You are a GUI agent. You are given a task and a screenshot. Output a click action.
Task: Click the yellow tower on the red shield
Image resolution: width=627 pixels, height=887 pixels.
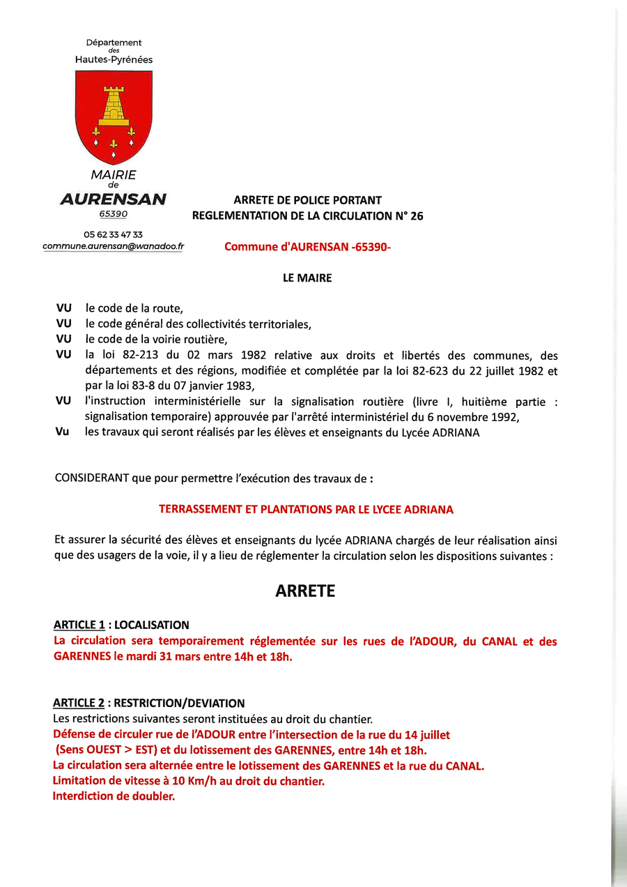click(x=114, y=105)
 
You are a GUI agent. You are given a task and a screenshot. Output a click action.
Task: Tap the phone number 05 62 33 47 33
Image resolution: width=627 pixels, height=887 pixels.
click(x=114, y=235)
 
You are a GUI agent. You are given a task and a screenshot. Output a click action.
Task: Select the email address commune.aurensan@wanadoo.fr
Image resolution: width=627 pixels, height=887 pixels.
click(x=114, y=246)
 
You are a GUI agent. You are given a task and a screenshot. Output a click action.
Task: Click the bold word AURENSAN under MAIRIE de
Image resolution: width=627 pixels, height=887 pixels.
click(x=114, y=199)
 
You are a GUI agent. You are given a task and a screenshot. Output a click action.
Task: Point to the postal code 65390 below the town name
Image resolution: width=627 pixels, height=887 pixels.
click(x=114, y=214)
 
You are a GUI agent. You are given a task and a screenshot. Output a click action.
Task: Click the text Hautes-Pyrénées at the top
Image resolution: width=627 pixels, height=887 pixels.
click(x=114, y=60)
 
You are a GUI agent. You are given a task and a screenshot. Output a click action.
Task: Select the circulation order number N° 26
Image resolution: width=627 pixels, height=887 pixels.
click(x=409, y=216)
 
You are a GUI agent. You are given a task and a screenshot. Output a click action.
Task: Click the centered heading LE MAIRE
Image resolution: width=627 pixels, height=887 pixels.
click(x=307, y=278)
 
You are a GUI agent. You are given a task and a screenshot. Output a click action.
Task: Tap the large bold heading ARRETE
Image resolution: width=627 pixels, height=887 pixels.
click(x=305, y=591)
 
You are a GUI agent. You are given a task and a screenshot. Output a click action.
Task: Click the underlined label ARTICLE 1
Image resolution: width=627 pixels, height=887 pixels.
click(x=79, y=626)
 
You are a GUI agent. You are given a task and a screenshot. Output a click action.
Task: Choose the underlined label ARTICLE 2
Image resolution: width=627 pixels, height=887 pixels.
click(x=79, y=704)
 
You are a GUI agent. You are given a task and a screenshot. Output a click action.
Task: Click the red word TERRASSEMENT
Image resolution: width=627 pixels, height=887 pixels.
click(x=199, y=510)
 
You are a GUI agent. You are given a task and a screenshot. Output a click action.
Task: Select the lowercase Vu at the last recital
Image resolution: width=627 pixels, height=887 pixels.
click(x=63, y=432)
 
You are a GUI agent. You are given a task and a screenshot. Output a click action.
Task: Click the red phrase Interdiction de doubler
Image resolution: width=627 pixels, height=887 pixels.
click(x=114, y=796)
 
